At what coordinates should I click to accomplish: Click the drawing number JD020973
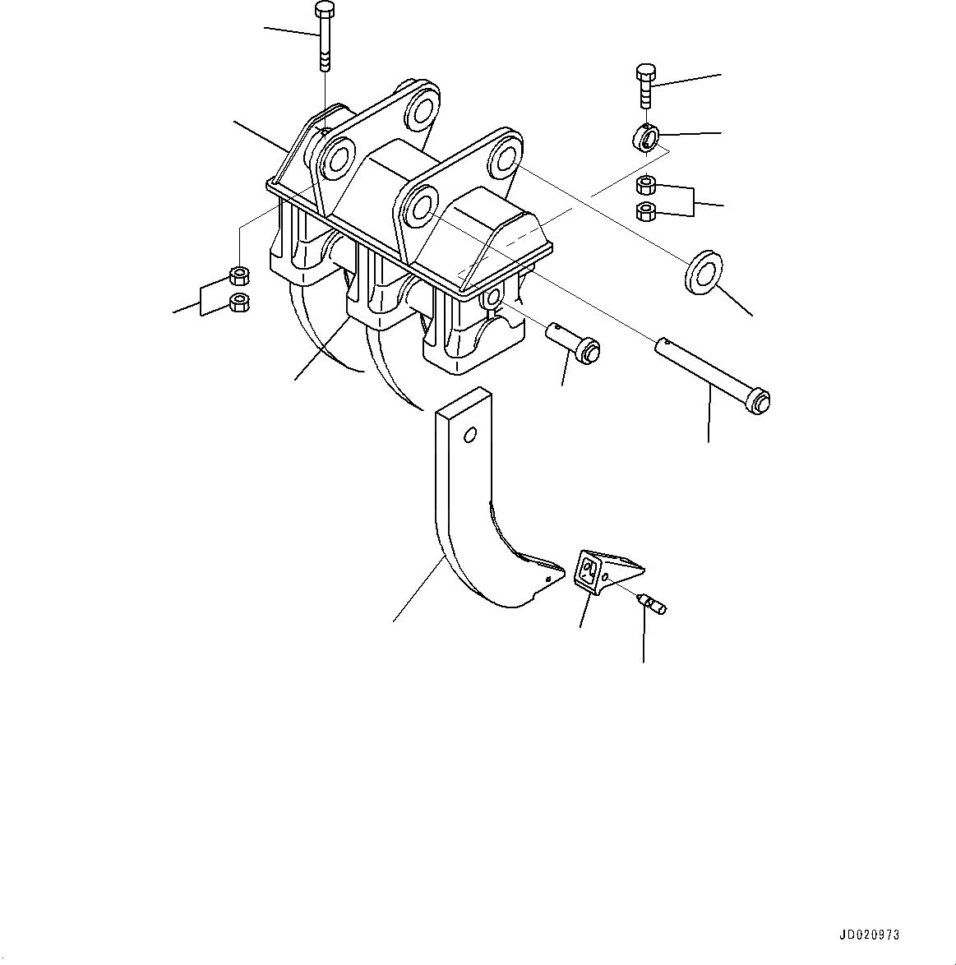[869, 935]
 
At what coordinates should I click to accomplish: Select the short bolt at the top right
[644, 85]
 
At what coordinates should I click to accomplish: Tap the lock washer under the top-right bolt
[645, 137]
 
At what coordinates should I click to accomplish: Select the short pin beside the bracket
[573, 341]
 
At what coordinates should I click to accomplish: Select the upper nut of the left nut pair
[239, 275]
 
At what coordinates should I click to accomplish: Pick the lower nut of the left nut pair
[239, 302]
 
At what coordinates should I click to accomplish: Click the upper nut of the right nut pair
[646, 185]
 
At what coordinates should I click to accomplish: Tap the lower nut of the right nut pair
[646, 211]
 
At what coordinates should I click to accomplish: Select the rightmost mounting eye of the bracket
[501, 159]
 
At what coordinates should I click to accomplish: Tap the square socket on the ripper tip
[588, 569]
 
